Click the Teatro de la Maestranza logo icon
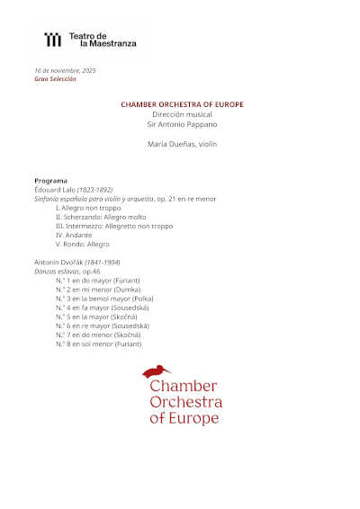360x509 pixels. [x=54, y=39]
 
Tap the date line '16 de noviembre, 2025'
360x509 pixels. [x=65, y=69]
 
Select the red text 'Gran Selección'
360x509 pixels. [x=55, y=78]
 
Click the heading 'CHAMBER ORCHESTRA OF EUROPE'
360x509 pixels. [x=182, y=104]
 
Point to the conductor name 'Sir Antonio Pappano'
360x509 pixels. [x=182, y=123]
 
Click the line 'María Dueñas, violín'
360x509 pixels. [x=182, y=144]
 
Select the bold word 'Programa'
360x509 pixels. [x=50, y=181]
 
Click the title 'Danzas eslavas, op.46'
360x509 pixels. [x=67, y=271]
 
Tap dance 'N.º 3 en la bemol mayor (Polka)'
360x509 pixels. [x=103, y=299]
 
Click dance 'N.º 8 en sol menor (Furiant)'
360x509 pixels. [x=98, y=344]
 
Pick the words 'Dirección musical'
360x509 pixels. [x=182, y=114]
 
